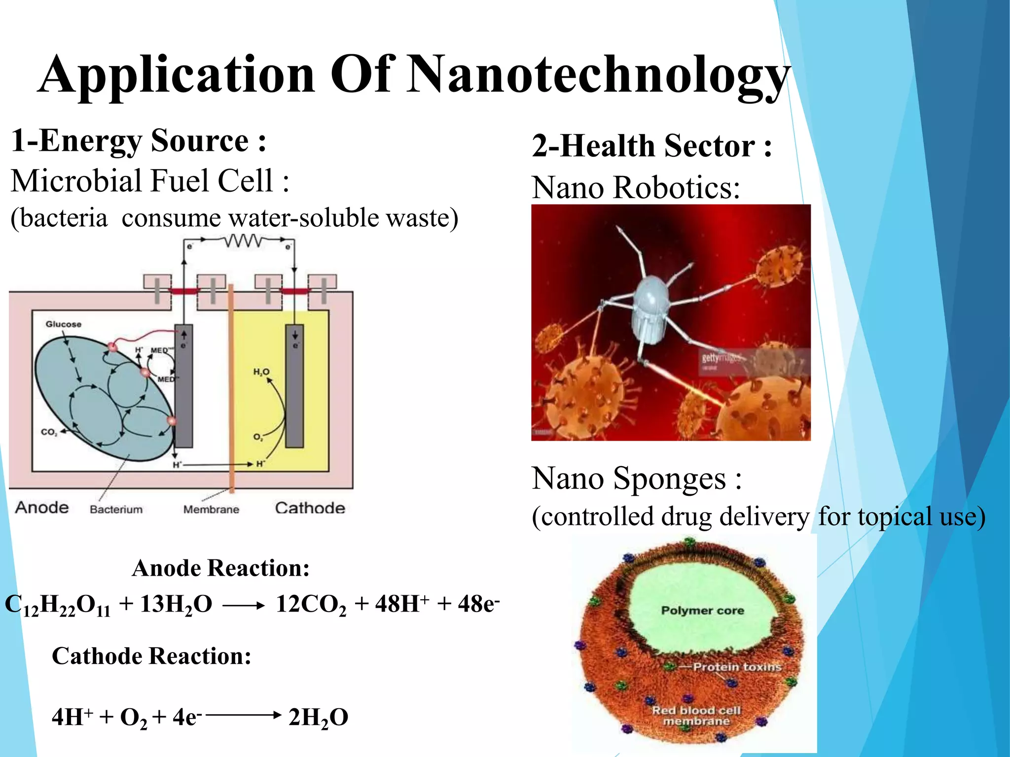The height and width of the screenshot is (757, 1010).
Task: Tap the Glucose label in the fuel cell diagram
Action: click(x=63, y=324)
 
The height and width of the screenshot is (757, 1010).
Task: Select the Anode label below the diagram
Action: click(x=42, y=507)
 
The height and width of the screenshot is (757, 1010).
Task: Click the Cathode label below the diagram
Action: click(x=310, y=508)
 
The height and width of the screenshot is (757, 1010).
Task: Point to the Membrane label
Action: click(x=211, y=509)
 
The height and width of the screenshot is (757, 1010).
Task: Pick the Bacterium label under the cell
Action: click(x=116, y=509)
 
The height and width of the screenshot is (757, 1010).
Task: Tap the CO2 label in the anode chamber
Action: click(x=49, y=432)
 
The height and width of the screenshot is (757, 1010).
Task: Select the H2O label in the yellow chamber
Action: click(x=261, y=372)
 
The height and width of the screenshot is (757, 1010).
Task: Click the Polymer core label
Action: click(x=702, y=610)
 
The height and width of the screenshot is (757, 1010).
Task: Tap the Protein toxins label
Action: click(x=737, y=667)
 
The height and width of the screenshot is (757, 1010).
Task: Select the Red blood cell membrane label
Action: click(x=696, y=716)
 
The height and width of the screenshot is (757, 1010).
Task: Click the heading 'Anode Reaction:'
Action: click(x=220, y=568)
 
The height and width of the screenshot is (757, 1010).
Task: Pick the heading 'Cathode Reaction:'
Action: click(x=151, y=656)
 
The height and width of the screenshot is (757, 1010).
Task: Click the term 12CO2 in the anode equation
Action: click(x=311, y=604)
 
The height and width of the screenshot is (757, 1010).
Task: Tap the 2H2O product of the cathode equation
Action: click(x=318, y=718)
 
